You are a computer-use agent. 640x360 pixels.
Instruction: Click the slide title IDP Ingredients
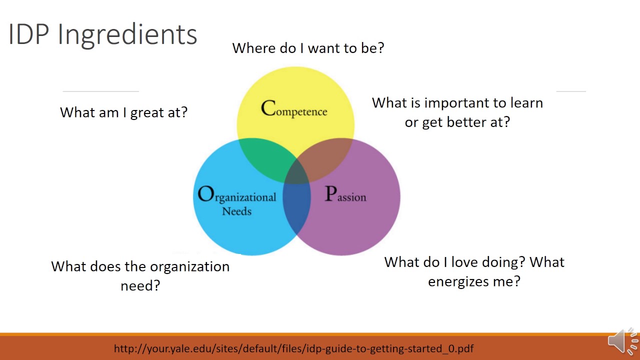[x=103, y=35]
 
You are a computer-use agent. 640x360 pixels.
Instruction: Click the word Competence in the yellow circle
[x=294, y=109]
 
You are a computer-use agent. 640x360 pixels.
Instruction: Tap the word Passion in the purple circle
[x=345, y=195]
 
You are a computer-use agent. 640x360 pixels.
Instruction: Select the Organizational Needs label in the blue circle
[x=237, y=200]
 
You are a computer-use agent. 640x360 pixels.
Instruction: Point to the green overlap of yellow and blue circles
[x=262, y=160]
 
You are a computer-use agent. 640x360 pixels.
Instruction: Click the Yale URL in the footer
[x=293, y=348]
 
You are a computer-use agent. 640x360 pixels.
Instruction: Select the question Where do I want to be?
[x=308, y=48]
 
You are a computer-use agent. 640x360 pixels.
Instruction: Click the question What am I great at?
[x=123, y=112]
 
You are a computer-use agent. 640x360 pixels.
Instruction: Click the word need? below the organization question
[x=140, y=285]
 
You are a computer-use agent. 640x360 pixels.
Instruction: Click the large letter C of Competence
[x=268, y=108]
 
